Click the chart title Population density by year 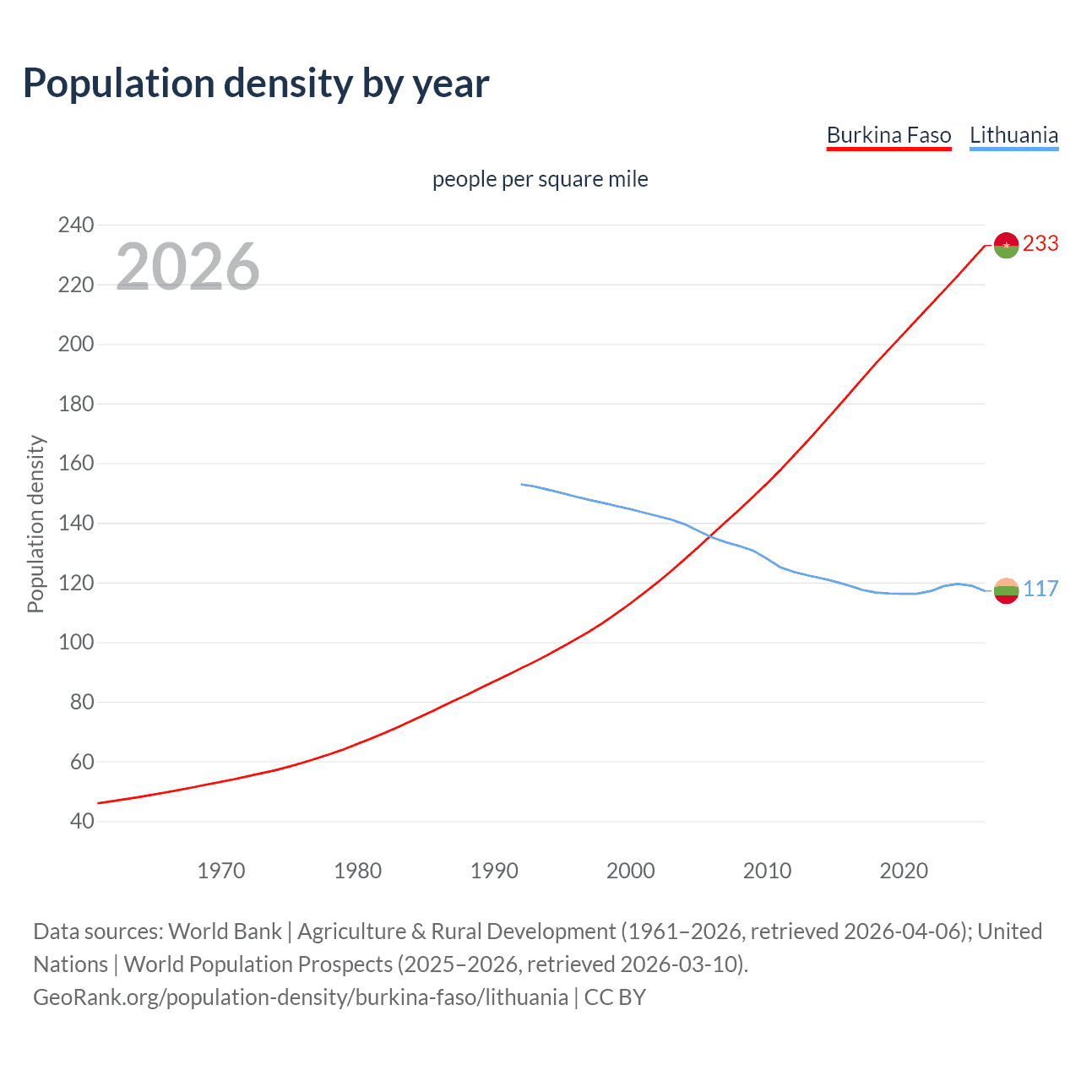256,84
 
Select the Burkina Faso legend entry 888,135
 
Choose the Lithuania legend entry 1013,135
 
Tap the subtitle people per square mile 540,179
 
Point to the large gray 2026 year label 187,267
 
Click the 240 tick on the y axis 76,225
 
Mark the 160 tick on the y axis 76,464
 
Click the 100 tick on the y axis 76,643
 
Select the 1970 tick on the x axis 221,871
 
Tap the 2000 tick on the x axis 631,871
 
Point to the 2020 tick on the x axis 904,871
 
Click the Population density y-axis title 35,524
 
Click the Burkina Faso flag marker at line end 1006,245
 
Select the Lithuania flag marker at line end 1006,591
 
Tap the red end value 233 1040,243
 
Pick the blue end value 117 1040,589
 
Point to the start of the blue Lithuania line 522,484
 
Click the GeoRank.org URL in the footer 301,997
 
